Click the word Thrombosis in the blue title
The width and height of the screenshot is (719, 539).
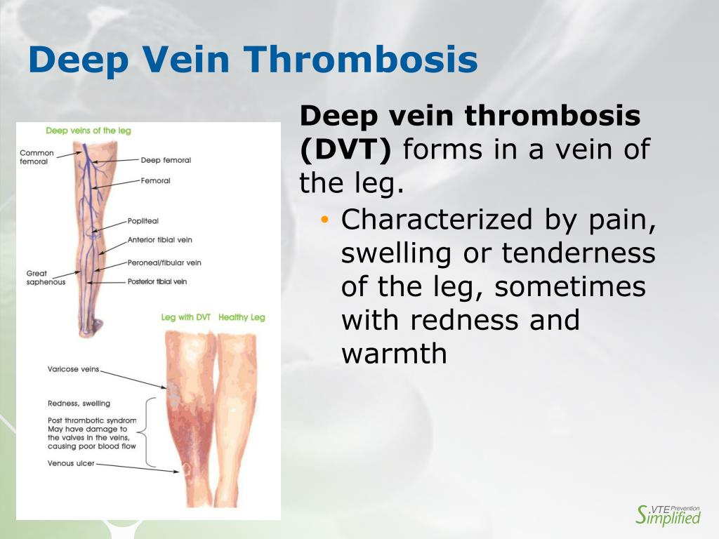tap(360, 60)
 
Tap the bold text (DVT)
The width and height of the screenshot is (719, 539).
tap(345, 149)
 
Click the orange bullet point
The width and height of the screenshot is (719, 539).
tap(325, 220)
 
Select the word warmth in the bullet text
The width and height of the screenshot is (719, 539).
tap(394, 354)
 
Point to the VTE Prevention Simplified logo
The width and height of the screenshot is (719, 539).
tap(668, 514)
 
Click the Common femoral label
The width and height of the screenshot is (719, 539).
tap(37, 157)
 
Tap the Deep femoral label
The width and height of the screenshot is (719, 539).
tap(166, 160)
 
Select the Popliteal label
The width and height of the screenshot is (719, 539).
tap(143, 221)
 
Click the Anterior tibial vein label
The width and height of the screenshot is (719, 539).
tap(159, 240)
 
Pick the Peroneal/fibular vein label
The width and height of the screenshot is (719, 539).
tap(164, 262)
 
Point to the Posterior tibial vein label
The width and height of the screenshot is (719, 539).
tap(157, 281)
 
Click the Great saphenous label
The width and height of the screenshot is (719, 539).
tap(46, 278)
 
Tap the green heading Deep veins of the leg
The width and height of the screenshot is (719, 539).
tap(88, 131)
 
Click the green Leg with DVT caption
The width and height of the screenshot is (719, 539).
tap(185, 317)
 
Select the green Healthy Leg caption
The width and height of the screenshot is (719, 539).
tap(242, 317)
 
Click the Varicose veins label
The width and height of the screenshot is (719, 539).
tap(73, 369)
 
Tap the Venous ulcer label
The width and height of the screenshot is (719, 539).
tap(71, 463)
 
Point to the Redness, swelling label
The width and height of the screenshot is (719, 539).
tap(79, 404)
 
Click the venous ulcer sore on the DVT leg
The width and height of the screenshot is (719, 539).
tap(187, 468)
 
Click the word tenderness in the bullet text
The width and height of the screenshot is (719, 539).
tap(579, 253)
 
